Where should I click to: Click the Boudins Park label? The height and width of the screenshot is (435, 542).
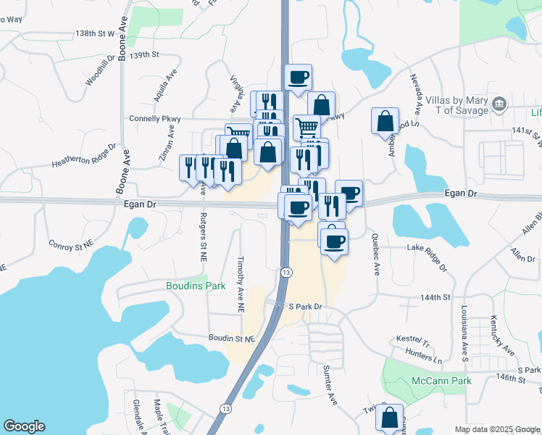195,286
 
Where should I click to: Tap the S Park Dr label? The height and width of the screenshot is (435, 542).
304,307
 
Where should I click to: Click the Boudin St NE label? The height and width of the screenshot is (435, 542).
232,339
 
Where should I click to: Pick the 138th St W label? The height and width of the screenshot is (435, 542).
95,33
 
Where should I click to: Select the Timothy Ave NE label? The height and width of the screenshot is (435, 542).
241,283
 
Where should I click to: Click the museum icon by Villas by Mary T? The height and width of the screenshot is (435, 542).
499,104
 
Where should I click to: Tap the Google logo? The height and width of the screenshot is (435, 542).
24,426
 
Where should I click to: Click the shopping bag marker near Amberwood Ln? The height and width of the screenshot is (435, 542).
385,121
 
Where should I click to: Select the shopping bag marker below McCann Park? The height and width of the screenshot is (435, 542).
390,418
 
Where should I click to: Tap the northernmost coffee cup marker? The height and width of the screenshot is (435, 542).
298,78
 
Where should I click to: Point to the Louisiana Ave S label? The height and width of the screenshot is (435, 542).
463,333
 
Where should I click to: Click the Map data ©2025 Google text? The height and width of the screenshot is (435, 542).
497,429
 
